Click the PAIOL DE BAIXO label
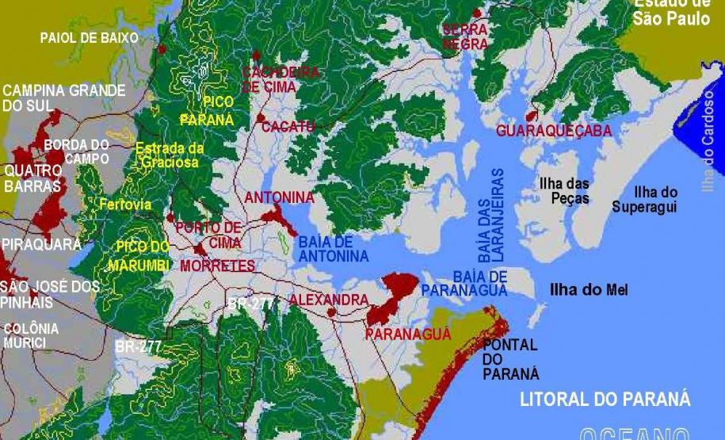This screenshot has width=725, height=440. pos(89,37)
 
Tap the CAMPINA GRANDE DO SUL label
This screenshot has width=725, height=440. pos(63,98)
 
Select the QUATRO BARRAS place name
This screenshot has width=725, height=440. pos(32,178)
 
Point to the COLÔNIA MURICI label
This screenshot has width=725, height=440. pos(30,335)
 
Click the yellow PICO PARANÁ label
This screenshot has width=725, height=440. pos(207,111)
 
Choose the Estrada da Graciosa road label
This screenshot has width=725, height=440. pos(170,155)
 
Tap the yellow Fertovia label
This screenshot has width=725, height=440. pos(125,205)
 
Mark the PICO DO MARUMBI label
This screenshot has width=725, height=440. pos(143,254)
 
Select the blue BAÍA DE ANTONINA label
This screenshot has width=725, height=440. pos(333,249)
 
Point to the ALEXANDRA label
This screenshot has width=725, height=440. pos(328,300)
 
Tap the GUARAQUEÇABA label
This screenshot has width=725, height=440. pos(553,131)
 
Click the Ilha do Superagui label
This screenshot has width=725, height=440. pos(644,200)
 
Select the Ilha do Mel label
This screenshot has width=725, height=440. pos(589,290)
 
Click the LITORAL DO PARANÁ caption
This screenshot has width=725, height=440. pos(605,399)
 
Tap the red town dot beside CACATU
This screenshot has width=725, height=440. pos(261,118)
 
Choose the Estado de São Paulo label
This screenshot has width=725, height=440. pos(671,13)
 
